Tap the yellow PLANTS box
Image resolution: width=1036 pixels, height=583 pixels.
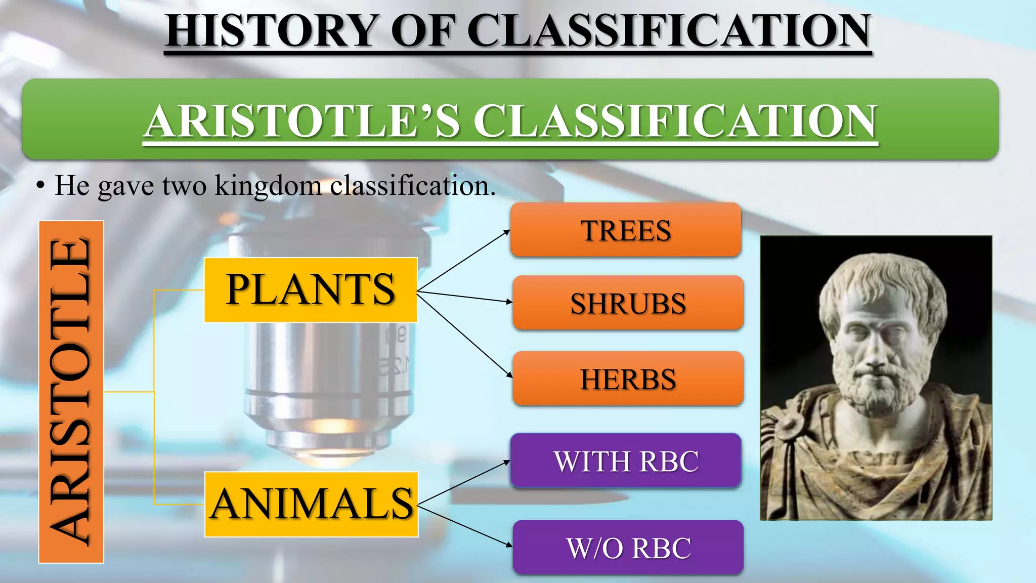(311, 290)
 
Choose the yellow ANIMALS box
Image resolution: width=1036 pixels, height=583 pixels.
(312, 505)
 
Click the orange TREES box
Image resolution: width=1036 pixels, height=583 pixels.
(626, 230)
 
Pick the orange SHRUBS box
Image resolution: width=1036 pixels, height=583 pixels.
(628, 303)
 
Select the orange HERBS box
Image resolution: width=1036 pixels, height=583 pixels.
(628, 379)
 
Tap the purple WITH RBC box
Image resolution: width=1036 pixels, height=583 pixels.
(626, 461)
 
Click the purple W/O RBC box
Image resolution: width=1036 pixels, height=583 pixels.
(628, 548)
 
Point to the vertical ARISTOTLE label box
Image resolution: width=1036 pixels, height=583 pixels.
(71, 392)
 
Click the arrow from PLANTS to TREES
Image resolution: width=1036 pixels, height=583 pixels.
(463, 261)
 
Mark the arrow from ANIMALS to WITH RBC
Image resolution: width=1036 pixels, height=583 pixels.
(463, 483)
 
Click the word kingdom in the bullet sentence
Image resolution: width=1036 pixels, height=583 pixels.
(268, 185)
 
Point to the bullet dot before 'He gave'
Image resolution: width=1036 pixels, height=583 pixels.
(40, 186)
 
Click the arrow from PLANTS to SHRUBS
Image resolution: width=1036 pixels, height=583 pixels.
(464, 297)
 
